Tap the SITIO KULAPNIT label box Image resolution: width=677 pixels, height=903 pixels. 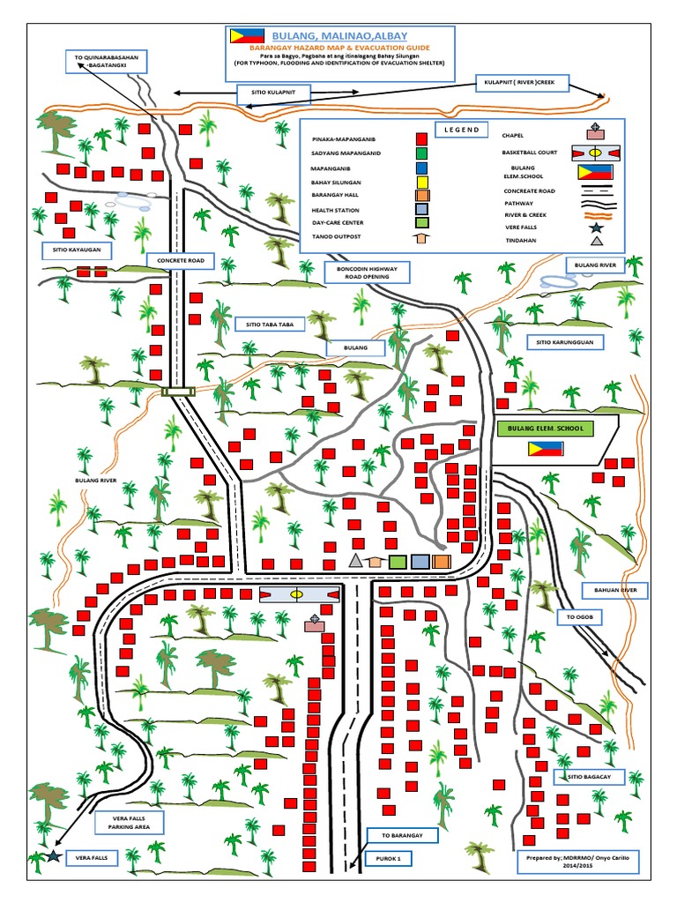click(268, 91)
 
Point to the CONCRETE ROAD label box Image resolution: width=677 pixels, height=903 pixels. click(181, 261)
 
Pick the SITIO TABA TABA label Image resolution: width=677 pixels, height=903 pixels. click(270, 324)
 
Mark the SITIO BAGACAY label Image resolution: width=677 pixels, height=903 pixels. click(589, 776)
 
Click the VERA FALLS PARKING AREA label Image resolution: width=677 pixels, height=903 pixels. click(130, 823)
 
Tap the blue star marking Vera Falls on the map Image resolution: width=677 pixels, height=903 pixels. click(55, 856)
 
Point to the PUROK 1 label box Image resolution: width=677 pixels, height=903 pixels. click(390, 856)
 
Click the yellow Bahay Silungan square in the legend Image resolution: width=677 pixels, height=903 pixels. click(422, 182)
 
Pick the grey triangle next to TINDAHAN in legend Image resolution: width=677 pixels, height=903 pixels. click(597, 240)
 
